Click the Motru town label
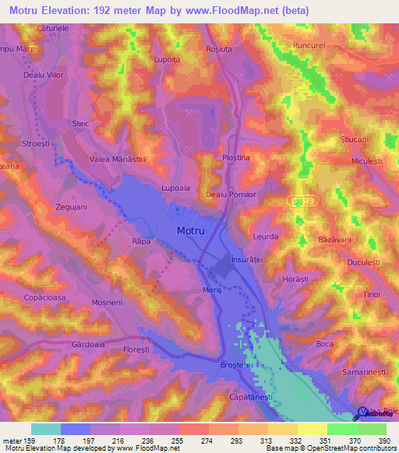(x=191, y=231)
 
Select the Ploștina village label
(x=235, y=157)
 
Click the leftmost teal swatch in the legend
(x=45, y=429)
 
